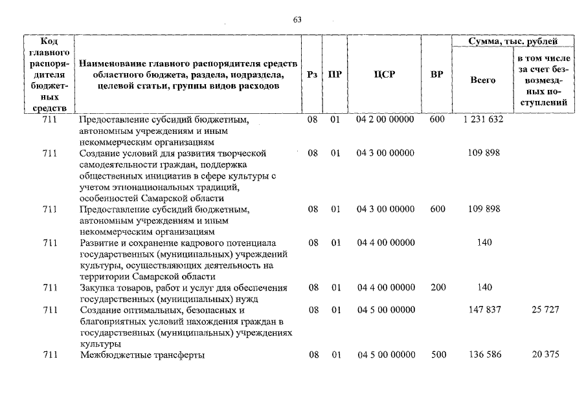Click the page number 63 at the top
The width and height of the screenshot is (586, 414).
[297, 19]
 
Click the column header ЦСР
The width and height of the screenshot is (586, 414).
[384, 74]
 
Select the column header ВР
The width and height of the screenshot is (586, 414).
[437, 74]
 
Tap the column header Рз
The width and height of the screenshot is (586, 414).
[312, 74]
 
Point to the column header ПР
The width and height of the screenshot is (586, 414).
[335, 74]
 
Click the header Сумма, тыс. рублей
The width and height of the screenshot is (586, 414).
[512, 41]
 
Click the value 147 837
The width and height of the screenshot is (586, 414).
[484, 310]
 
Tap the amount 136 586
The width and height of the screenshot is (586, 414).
[484, 354]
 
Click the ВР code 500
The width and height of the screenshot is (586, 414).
[437, 354]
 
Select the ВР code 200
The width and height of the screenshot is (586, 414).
[437, 287]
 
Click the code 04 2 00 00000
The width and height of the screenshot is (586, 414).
[385, 119]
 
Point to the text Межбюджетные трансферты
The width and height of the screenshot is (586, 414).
[142, 355]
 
